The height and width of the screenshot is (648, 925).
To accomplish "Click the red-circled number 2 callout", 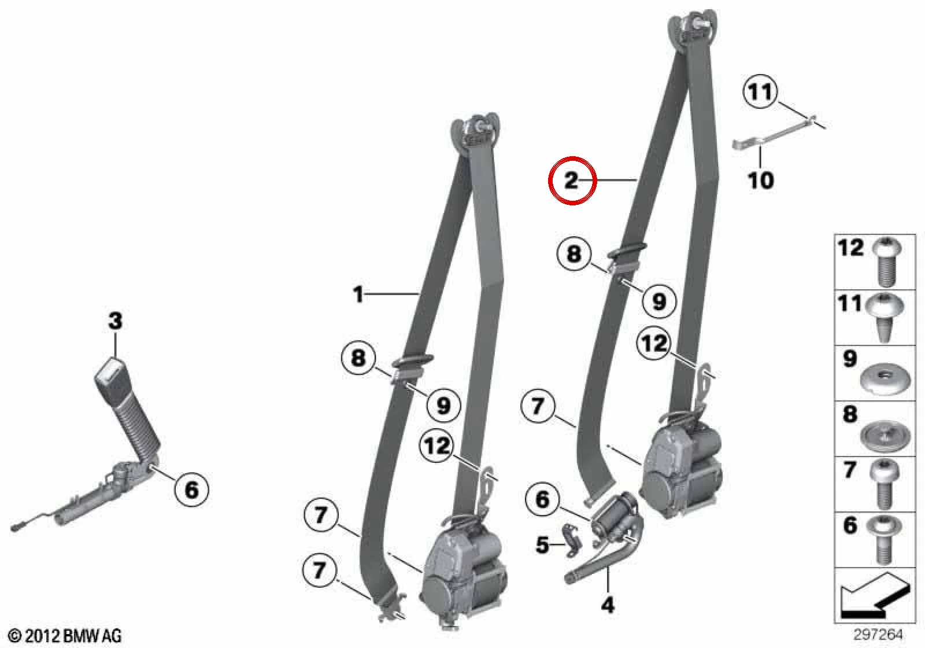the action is click(x=572, y=181).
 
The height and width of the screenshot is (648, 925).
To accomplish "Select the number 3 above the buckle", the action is click(x=115, y=321).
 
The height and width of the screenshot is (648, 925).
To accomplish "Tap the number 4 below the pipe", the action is click(x=608, y=606).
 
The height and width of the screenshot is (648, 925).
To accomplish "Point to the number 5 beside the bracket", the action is click(x=542, y=545).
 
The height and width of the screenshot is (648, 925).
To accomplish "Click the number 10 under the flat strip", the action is click(x=761, y=181).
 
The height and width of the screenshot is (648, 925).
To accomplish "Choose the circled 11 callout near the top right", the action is click(x=760, y=91).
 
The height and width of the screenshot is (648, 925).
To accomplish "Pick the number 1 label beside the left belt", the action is click(x=358, y=294).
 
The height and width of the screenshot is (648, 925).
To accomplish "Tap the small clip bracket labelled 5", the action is click(x=571, y=540).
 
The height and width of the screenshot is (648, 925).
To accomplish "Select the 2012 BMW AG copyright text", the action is click(x=65, y=636).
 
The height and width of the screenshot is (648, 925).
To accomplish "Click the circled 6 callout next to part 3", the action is click(x=191, y=490).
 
